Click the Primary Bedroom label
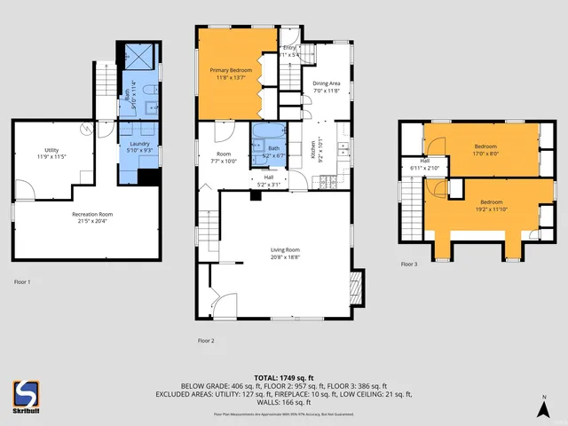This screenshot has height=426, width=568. coord(231,73)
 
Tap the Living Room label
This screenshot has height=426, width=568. coord(285,253)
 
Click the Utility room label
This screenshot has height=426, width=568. coord(52,154)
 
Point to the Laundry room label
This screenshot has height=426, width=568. coord(139,147)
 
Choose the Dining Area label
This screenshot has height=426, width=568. coord(327,87)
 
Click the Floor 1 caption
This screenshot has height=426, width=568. coord(22,281)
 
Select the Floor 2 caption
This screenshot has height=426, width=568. coord(206,340)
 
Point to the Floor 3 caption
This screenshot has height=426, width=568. coord(408,264)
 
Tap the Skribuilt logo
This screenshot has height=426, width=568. coord(26,395)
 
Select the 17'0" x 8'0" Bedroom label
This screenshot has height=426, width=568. coord(485,149)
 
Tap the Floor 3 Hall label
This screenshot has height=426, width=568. coord(424,164)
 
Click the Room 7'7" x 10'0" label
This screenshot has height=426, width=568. coord(224,158)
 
